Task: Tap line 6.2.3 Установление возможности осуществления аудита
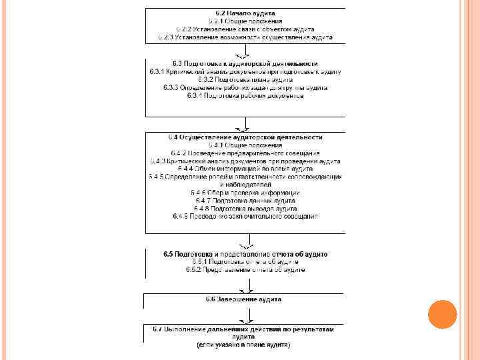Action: tap(245, 37)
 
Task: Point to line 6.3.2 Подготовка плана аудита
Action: tap(245, 79)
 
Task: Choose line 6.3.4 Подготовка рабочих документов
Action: tap(245, 95)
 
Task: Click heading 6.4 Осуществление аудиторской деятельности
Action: tap(245, 137)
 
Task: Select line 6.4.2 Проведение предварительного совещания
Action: tap(245, 153)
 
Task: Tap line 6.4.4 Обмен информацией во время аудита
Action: tap(245, 169)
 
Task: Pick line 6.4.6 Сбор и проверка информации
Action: tap(245, 193)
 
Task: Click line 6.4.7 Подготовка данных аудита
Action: tap(245, 201)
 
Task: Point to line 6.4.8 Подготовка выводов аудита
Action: tap(245, 209)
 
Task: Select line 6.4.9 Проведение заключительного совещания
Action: tap(245, 217)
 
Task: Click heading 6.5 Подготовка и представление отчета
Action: tap(245, 255)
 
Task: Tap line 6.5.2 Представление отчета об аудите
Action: tap(245, 271)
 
